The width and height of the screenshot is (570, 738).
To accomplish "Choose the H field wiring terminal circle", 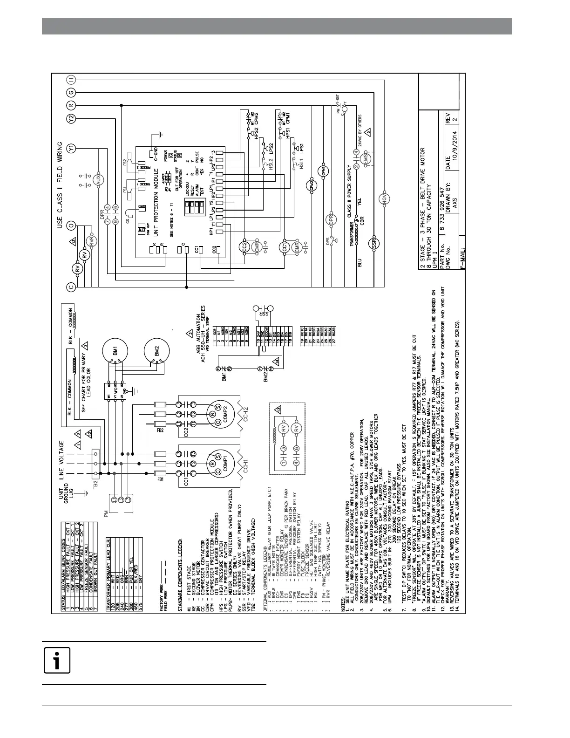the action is pyautogui.click(x=71, y=80).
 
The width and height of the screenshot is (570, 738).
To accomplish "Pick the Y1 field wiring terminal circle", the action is pyautogui.click(x=71, y=148).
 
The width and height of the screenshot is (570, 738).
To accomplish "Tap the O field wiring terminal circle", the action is pyautogui.click(x=71, y=225).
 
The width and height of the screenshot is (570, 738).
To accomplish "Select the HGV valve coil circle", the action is pyautogui.click(x=384, y=198).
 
